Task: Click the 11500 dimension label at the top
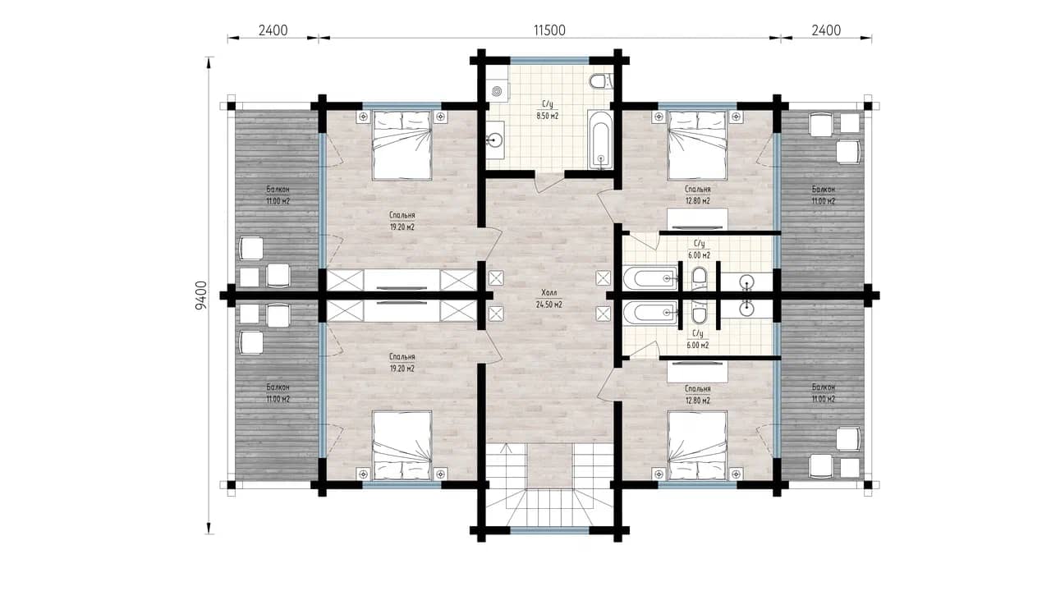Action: [x=549, y=30]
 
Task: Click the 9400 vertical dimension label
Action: [x=201, y=295]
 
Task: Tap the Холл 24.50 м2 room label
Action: [x=549, y=299]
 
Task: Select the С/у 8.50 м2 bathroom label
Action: [x=548, y=110]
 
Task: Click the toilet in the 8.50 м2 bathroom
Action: [x=600, y=81]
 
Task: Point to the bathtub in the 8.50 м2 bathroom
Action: [x=600, y=139]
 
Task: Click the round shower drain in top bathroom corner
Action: [x=497, y=90]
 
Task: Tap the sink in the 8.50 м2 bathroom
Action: [x=494, y=140]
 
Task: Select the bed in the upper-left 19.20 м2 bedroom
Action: [x=402, y=145]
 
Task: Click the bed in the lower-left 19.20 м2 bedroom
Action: [x=402, y=445]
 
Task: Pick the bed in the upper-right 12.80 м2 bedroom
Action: [x=697, y=145]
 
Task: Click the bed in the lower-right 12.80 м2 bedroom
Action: [x=697, y=445]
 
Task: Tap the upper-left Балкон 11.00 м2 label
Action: [x=278, y=195]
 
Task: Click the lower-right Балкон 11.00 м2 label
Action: [x=824, y=393]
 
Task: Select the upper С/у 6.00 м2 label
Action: [x=699, y=250]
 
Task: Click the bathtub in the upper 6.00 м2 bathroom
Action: [x=650, y=278]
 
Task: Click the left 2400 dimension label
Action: [x=273, y=30]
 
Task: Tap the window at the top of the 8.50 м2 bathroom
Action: [x=549, y=61]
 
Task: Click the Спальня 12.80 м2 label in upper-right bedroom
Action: [x=697, y=195]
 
